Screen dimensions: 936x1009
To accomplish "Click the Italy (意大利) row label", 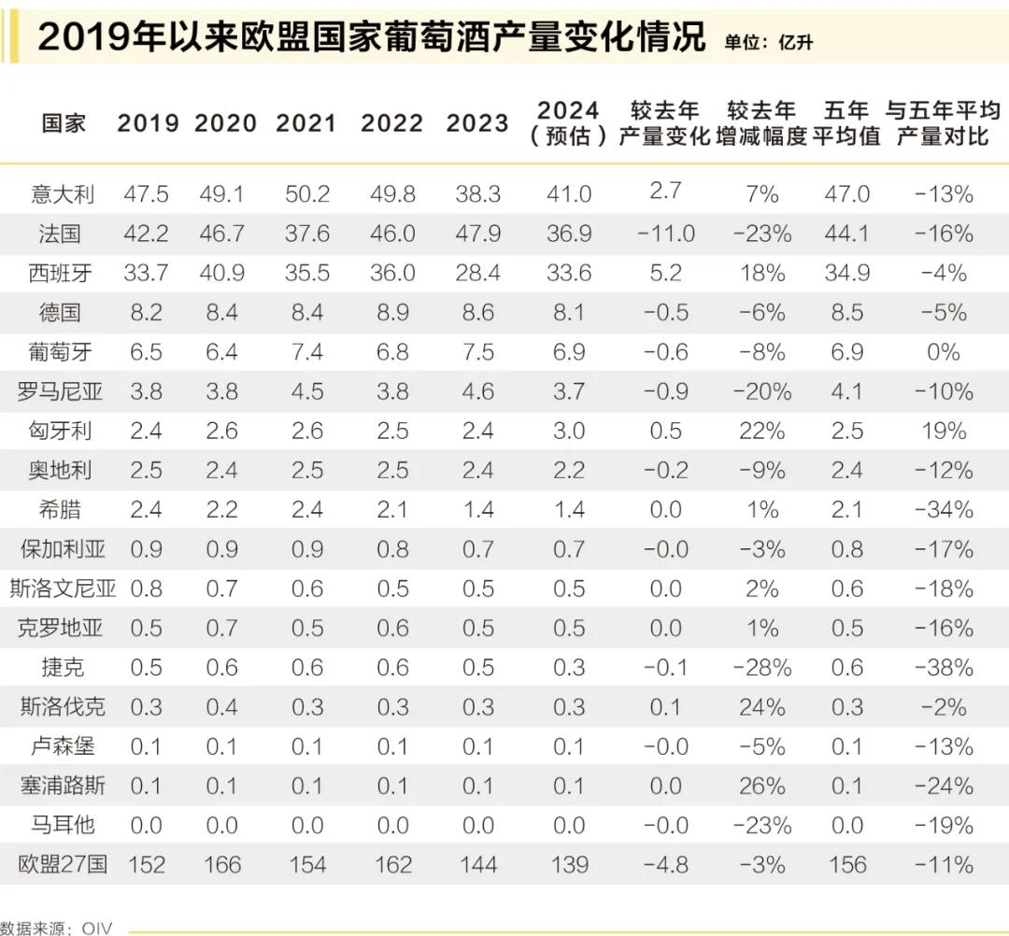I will [x=64, y=193].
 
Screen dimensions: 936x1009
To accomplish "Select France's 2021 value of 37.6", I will [x=306, y=233].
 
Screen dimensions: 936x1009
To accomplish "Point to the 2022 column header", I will [x=391, y=123].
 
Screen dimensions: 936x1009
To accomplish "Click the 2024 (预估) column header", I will [x=568, y=123].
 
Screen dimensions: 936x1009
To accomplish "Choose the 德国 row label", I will [x=64, y=312].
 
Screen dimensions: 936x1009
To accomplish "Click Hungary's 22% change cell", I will [x=761, y=431].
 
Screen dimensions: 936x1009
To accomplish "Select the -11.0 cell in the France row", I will [x=665, y=233].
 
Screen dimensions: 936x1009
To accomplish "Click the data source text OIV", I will [x=96, y=928].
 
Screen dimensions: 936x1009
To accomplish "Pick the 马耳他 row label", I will [x=64, y=825].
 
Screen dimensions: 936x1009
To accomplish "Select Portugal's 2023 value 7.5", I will [x=477, y=351].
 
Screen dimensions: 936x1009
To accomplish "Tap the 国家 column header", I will [x=64, y=123].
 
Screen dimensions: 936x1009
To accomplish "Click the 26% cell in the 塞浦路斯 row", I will [x=761, y=786].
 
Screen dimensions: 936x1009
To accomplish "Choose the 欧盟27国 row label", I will [x=64, y=864].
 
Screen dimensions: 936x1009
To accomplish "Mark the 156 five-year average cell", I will [x=846, y=864].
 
